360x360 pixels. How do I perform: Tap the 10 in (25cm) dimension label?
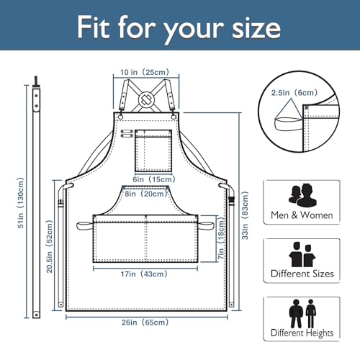tap(145, 72)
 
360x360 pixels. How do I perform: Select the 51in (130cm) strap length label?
tap(21, 203)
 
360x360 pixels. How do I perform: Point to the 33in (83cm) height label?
tap(245, 215)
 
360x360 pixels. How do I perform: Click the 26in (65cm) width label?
tap(145, 322)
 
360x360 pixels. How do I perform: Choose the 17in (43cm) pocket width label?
tap(144, 274)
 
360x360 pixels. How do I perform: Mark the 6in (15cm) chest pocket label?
tap(154, 179)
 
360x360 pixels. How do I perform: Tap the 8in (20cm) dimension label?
tap(145, 194)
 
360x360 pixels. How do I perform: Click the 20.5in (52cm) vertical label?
tap(50, 246)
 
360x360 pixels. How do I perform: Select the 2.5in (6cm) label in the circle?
tap(294, 93)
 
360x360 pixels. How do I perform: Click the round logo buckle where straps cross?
tap(146, 99)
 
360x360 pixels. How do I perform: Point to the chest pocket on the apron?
tap(153, 151)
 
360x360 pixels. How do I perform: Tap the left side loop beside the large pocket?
tap(85, 226)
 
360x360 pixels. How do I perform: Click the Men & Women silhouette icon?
tap(302, 195)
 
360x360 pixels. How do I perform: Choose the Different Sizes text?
tap(302, 274)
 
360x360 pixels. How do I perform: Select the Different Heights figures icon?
tap(302, 313)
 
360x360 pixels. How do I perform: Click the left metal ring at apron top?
tap(120, 117)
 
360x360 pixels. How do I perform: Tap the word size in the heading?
tap(256, 28)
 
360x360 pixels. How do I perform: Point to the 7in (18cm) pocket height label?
tap(221, 238)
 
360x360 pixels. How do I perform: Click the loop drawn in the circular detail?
tap(288, 124)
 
